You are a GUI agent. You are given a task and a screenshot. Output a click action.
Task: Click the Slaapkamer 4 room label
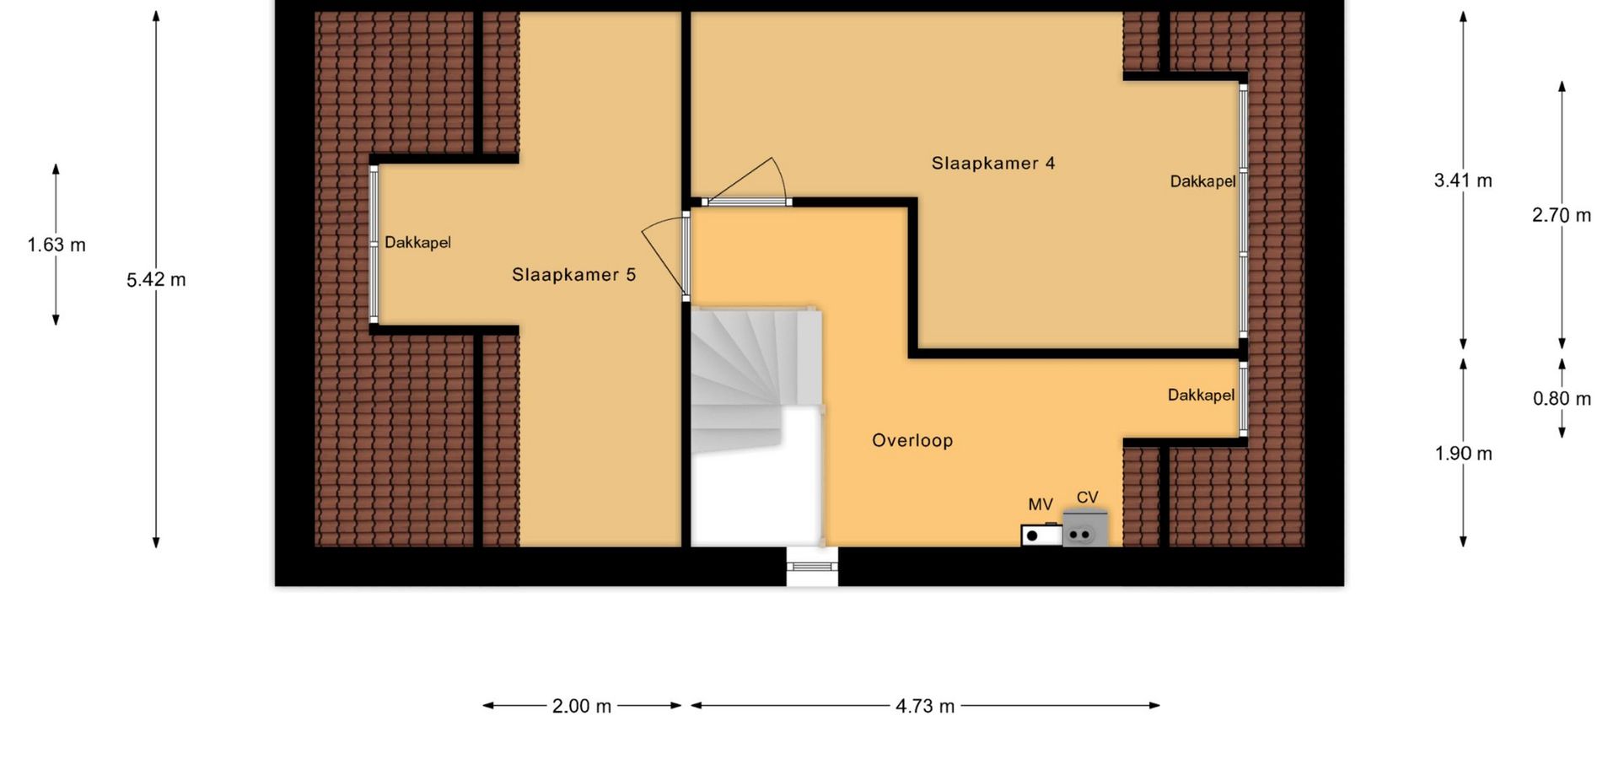[992, 163]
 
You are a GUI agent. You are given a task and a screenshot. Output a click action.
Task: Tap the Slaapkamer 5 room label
[573, 274]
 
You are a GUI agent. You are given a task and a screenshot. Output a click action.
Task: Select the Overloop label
[912, 440]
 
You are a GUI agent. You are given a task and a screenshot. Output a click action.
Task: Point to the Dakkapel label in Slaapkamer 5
[417, 243]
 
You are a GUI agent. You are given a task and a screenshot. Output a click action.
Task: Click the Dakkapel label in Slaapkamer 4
[1202, 181]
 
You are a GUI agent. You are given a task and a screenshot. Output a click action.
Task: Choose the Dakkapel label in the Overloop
[1201, 395]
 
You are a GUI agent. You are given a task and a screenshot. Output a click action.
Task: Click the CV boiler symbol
[1084, 528]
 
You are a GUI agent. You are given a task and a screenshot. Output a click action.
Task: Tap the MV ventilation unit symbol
[1041, 535]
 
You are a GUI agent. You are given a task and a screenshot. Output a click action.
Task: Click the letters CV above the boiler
[1088, 498]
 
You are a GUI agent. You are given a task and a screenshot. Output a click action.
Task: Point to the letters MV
[1041, 504]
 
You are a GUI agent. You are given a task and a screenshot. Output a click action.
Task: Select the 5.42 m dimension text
[156, 280]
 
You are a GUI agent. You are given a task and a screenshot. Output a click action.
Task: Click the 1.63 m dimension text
[56, 245]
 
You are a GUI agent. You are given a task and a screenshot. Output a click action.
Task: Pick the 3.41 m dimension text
[1463, 180]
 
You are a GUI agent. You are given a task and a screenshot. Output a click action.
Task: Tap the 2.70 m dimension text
[1562, 215]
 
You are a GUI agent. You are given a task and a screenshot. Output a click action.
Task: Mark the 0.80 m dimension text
[1562, 399]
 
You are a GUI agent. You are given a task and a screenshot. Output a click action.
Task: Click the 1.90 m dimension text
[1463, 454]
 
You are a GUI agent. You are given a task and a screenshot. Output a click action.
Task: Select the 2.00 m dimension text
[582, 707]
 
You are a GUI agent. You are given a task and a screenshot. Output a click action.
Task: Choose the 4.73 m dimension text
[925, 707]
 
